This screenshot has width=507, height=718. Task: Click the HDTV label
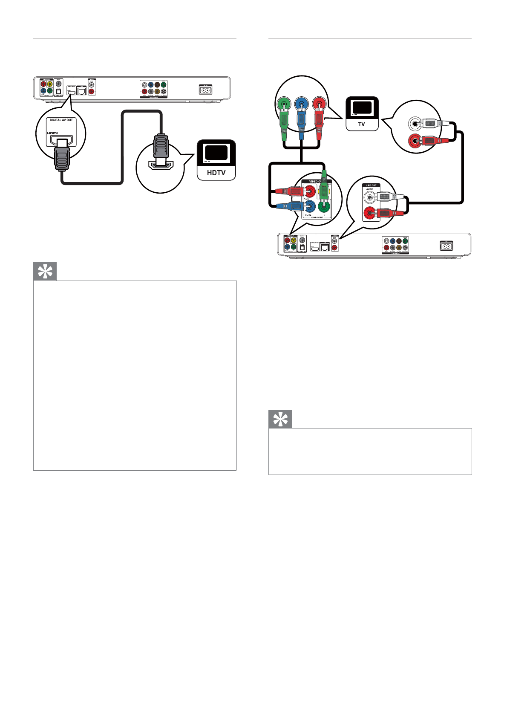pos(216,173)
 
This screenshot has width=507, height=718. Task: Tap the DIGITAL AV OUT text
pos(61,120)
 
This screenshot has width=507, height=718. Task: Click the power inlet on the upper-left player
pos(205,90)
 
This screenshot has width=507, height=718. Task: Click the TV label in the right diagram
pos(361,124)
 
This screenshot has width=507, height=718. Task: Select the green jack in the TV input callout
pos(283,104)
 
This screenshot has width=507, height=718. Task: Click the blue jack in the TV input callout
pos(301,104)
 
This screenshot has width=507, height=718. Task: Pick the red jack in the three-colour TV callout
pos(319,104)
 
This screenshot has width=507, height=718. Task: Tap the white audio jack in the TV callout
pos(414,124)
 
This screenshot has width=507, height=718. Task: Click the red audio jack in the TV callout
pos(414,140)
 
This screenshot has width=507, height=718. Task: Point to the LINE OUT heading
pos(371,185)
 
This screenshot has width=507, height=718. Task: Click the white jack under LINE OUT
pos(370,197)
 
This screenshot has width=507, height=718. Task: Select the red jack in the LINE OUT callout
pos(369,213)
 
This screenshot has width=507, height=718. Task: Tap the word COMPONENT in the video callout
pos(317,217)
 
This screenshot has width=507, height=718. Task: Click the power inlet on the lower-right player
pos(447,246)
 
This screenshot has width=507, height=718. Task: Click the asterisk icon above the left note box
pos(45,272)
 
